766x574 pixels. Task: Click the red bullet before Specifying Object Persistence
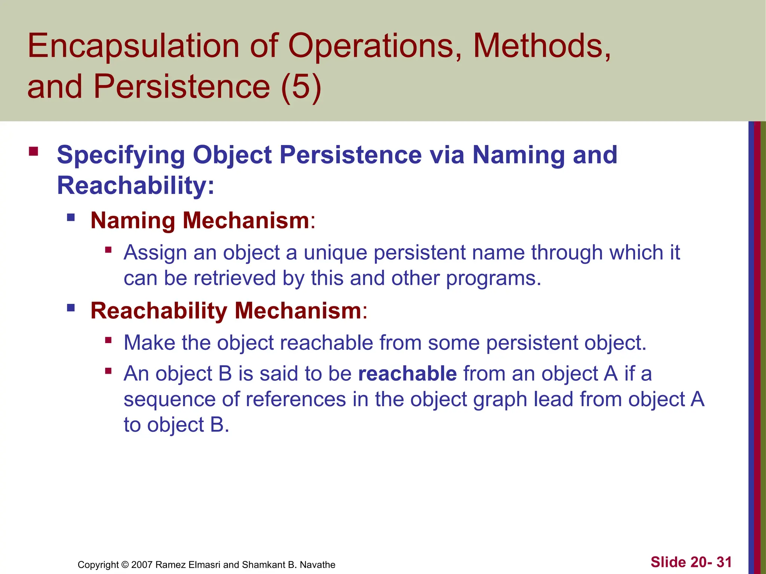pyautogui.click(x=33, y=151)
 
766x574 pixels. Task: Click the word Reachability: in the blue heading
pyautogui.click(x=136, y=185)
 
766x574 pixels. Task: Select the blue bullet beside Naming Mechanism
pyautogui.click(x=71, y=217)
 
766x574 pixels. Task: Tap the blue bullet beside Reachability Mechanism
pyautogui.click(x=71, y=308)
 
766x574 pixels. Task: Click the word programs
pyautogui.click(x=493, y=279)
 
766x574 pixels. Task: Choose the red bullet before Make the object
pyautogui.click(x=108, y=340)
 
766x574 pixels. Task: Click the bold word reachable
pyautogui.click(x=407, y=373)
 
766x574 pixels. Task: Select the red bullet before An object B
pyautogui.click(x=108, y=371)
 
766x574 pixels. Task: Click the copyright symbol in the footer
pyautogui.click(x=125, y=565)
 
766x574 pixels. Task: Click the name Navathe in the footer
pyautogui.click(x=318, y=565)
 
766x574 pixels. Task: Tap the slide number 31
pyautogui.click(x=724, y=562)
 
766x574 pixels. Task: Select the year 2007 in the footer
pyautogui.click(x=142, y=565)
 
